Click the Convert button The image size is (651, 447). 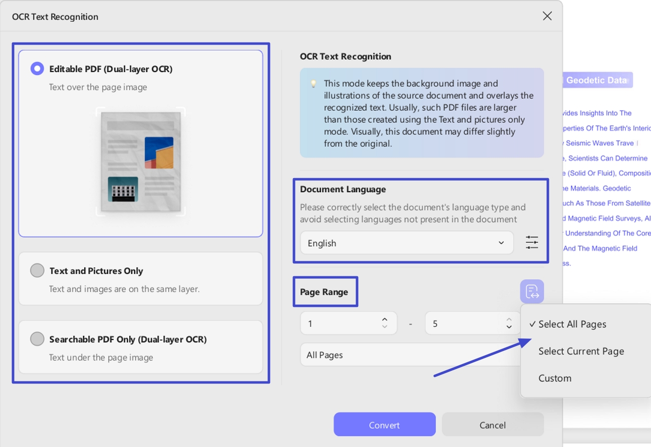pos(384,424)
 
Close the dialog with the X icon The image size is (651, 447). pos(547,16)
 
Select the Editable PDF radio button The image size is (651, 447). pos(37,69)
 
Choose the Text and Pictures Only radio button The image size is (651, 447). pos(37,271)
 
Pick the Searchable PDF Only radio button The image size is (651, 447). pos(37,339)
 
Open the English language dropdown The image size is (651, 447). pos(406,243)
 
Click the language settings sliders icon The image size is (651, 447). pos(531,243)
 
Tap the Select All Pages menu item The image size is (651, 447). pos(572,324)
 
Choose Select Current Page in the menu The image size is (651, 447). pos(581,351)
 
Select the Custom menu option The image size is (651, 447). pos(554,378)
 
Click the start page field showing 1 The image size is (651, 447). pos(341,323)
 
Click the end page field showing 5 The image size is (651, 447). pos(466,323)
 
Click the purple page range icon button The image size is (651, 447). pos(531,291)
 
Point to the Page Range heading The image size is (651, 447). pos(324,292)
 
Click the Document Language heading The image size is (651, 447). pos(343,189)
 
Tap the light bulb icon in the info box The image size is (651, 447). pos(313,84)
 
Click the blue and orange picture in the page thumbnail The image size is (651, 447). pos(159,153)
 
